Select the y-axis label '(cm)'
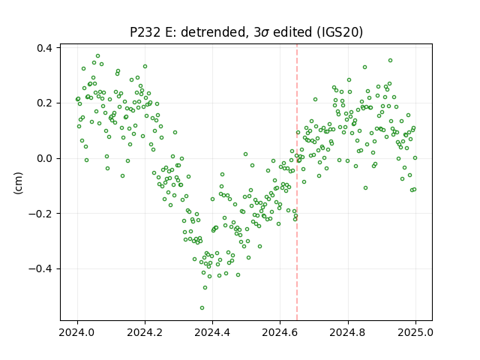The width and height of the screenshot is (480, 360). click(x=18, y=183)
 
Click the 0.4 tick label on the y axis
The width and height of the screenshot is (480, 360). click(x=44, y=48)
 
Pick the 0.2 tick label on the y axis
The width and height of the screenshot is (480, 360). click(x=44, y=103)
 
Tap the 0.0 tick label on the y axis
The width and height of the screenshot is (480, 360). click(x=44, y=158)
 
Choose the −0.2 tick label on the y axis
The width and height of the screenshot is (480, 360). click(x=40, y=214)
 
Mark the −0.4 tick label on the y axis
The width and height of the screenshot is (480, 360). click(x=40, y=268)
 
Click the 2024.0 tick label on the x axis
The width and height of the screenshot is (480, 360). click(x=77, y=332)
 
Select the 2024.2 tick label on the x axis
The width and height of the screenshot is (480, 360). click(x=145, y=332)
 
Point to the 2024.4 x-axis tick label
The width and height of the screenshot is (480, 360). click(x=212, y=332)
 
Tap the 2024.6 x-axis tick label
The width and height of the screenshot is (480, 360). click(x=280, y=332)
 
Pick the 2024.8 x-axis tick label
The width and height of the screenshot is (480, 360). click(x=348, y=332)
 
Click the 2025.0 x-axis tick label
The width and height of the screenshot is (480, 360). click(x=415, y=332)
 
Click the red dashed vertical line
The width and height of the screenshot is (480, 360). click(x=297, y=182)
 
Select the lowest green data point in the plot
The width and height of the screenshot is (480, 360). click(x=202, y=307)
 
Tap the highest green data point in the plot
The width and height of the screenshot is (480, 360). click(x=98, y=56)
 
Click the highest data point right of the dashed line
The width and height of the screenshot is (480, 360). click(x=390, y=60)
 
